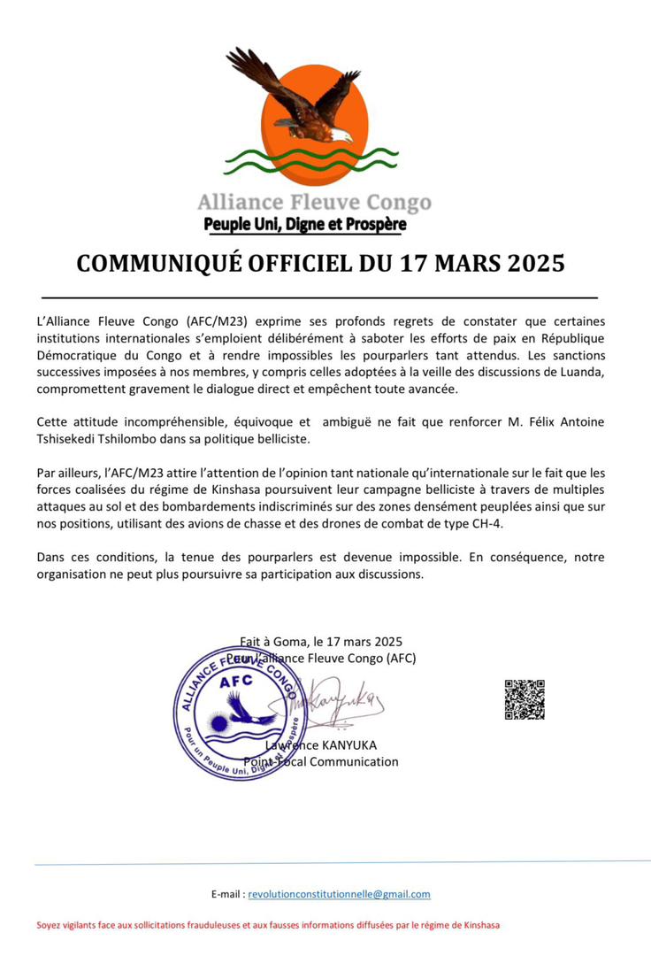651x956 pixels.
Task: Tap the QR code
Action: [525, 699]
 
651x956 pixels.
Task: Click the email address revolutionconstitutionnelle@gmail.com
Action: [339, 895]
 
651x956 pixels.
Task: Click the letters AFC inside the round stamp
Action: [235, 681]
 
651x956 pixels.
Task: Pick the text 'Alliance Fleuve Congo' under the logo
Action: [314, 202]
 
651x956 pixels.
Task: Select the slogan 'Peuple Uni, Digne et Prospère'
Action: [305, 225]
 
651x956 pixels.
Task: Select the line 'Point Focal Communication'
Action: [321, 761]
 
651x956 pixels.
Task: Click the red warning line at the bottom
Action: [268, 926]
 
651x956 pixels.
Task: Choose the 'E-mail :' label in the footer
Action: [228, 895]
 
